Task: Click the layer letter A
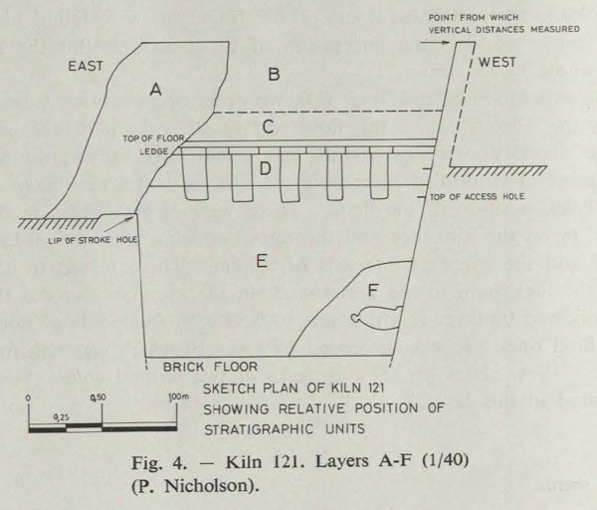pos(155,90)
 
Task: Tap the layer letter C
pos(268,127)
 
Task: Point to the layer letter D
pos(264,168)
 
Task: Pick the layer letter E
pos(262,261)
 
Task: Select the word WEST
pos(497,61)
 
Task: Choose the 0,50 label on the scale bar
pos(99,397)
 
